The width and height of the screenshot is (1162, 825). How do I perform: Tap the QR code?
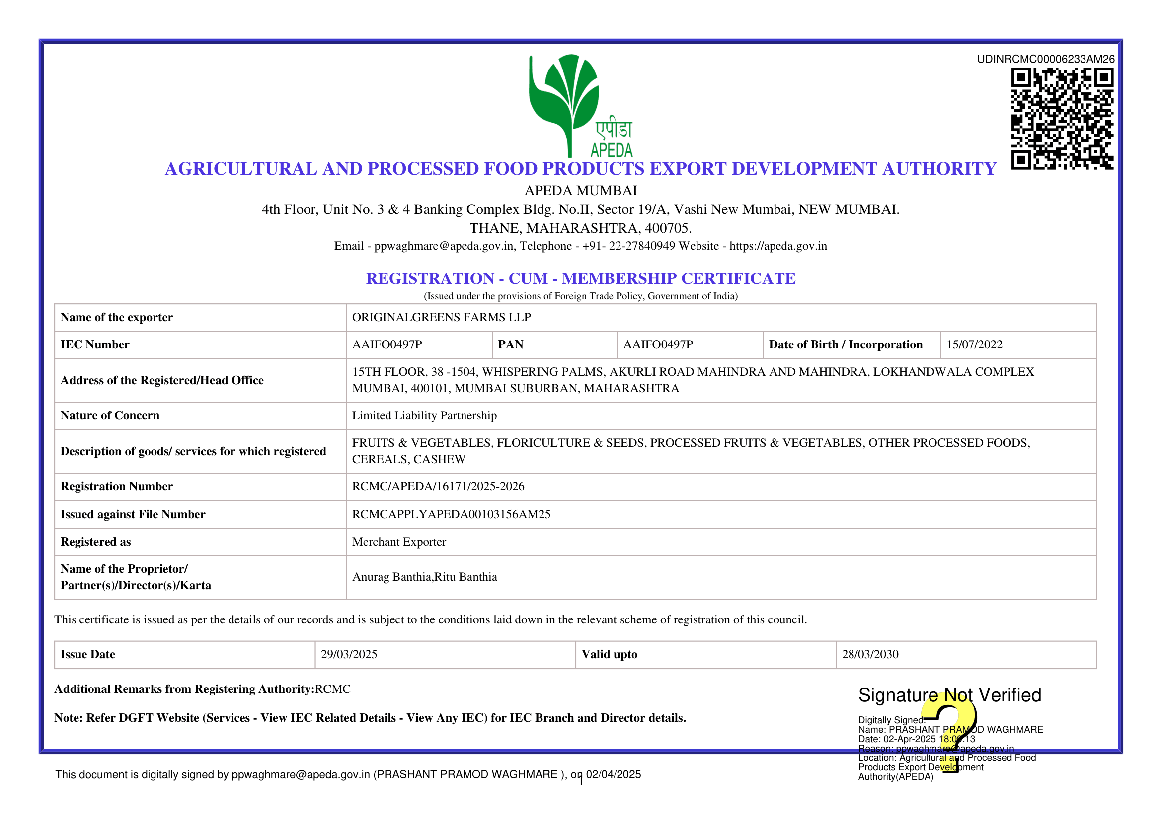[1062, 118]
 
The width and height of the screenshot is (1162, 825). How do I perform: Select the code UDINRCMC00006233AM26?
[1045, 59]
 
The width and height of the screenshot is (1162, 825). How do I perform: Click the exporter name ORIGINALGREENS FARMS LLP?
[441, 318]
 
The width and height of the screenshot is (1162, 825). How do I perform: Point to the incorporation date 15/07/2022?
[974, 345]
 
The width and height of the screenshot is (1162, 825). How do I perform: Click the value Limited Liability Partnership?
[424, 416]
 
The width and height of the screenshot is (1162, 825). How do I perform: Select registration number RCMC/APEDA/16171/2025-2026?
[438, 486]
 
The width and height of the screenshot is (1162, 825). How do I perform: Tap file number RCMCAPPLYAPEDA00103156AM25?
[451, 515]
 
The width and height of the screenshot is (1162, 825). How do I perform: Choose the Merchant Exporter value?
[399, 542]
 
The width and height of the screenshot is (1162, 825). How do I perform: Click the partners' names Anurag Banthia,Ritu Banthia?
[424, 577]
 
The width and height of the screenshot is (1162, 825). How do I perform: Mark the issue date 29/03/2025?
[349, 655]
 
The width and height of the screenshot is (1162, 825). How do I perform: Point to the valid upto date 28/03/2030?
[870, 655]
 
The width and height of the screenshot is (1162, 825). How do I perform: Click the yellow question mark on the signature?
[951, 732]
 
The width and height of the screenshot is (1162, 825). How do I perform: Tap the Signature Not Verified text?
[949, 695]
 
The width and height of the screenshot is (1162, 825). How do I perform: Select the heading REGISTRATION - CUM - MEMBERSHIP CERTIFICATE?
[580, 279]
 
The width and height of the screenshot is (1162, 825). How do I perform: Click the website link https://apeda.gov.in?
[777, 246]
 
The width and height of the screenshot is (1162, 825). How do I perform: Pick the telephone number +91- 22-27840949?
[628, 246]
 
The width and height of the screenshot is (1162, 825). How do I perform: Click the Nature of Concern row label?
[110, 416]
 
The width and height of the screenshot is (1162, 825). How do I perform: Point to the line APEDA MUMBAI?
[580, 191]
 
